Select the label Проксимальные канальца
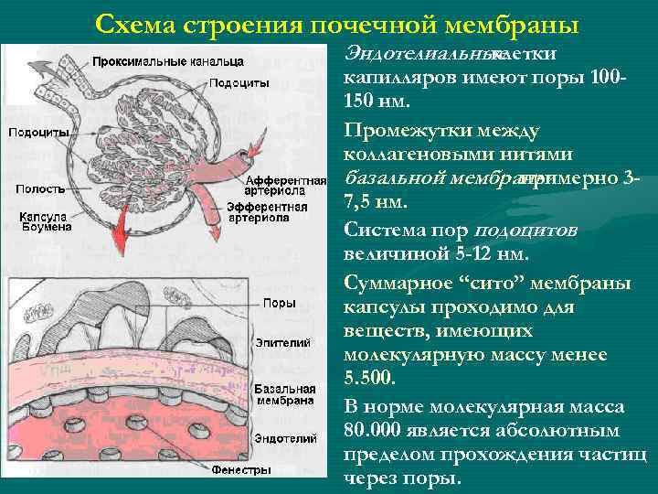click(167, 61)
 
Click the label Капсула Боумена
click(42, 222)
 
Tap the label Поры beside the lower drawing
click(278, 303)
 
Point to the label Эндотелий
click(286, 438)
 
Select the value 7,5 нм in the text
click(376, 200)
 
